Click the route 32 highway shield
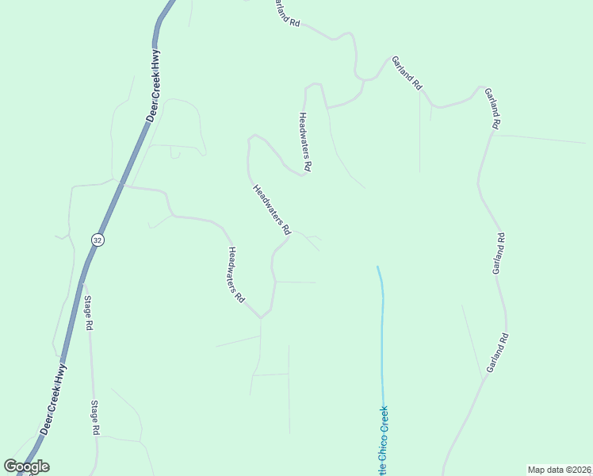97,239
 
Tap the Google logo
27,466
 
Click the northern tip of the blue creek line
377,267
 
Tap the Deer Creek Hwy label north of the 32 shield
154,86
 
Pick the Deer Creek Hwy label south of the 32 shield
55,398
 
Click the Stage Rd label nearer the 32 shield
89,313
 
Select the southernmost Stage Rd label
94,418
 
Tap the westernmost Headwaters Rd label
235,275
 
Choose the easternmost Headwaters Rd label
305,142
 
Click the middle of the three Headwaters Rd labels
271,209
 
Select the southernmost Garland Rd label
497,354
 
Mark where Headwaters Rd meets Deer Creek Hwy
121,183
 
